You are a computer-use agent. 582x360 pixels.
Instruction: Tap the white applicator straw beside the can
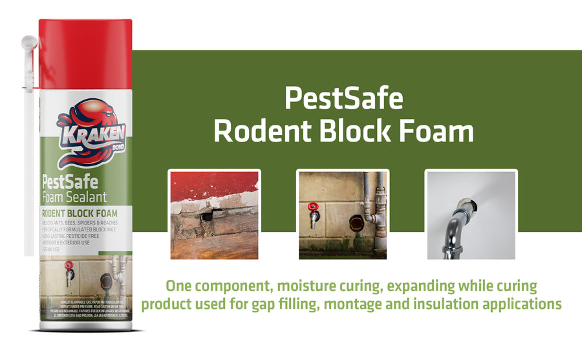click(x=28, y=149)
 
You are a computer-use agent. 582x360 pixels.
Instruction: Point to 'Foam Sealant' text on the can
click(x=74, y=196)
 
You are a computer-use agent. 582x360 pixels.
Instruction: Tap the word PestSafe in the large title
click(x=343, y=98)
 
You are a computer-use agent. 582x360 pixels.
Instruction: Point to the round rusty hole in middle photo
click(x=356, y=223)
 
